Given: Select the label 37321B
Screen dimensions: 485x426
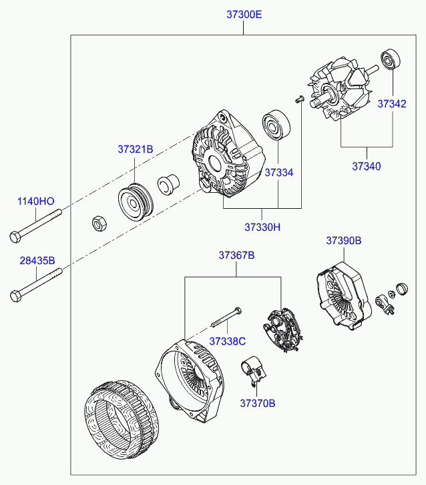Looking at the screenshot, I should [x=136, y=149].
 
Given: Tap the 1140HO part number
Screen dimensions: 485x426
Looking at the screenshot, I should [x=35, y=201].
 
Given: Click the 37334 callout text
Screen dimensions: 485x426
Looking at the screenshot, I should [x=278, y=172].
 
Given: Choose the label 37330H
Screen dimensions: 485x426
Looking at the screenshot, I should [x=262, y=227].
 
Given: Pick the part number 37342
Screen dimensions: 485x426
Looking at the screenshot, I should [x=391, y=103].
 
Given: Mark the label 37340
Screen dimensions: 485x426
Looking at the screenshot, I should [x=367, y=166].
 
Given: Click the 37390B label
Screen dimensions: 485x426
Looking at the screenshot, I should [x=344, y=239].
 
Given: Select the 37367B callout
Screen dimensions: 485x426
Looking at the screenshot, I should [x=236, y=255].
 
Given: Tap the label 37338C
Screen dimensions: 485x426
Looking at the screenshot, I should [x=227, y=341].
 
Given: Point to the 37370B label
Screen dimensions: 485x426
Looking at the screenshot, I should [x=258, y=403].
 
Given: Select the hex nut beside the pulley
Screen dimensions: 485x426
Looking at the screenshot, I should [x=96, y=223].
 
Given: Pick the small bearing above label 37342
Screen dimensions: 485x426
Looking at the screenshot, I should [x=390, y=60].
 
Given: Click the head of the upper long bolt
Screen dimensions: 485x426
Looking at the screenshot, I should [x=15, y=235].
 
